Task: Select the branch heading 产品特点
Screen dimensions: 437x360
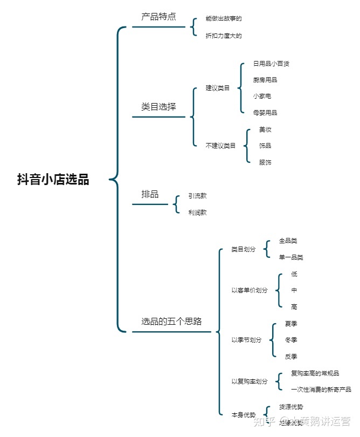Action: click(158, 17)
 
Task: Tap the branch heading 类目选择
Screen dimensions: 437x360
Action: click(158, 107)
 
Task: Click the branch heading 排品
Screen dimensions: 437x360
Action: click(150, 194)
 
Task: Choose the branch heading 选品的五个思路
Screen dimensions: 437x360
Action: click(171, 322)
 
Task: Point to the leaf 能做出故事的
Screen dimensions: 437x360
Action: click(224, 19)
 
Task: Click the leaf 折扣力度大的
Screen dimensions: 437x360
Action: click(224, 36)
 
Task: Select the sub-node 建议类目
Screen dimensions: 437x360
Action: click(218, 88)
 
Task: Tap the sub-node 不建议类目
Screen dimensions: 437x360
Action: click(221, 145)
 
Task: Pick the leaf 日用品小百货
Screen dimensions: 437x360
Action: click(271, 64)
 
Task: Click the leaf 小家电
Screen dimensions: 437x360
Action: click(262, 96)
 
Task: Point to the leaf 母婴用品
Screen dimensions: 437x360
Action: click(265, 113)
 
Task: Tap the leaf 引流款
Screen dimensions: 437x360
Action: click(197, 196)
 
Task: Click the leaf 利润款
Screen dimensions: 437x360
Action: click(197, 213)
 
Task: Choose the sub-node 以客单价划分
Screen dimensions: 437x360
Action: click(250, 290)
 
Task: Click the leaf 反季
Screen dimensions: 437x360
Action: click(291, 357)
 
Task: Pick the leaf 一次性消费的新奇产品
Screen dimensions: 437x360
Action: click(321, 390)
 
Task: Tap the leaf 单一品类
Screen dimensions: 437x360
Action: click(291, 257)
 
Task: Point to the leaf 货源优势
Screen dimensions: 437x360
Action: click(291, 407)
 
